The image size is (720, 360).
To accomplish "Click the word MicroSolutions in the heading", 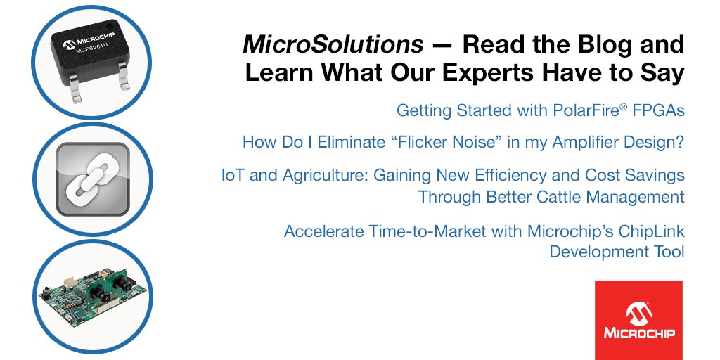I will (x=333, y=46).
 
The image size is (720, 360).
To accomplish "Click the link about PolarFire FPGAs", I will (x=540, y=110).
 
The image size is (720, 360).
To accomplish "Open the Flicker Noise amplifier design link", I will (x=463, y=142).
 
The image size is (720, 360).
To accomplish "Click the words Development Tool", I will (x=617, y=252).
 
